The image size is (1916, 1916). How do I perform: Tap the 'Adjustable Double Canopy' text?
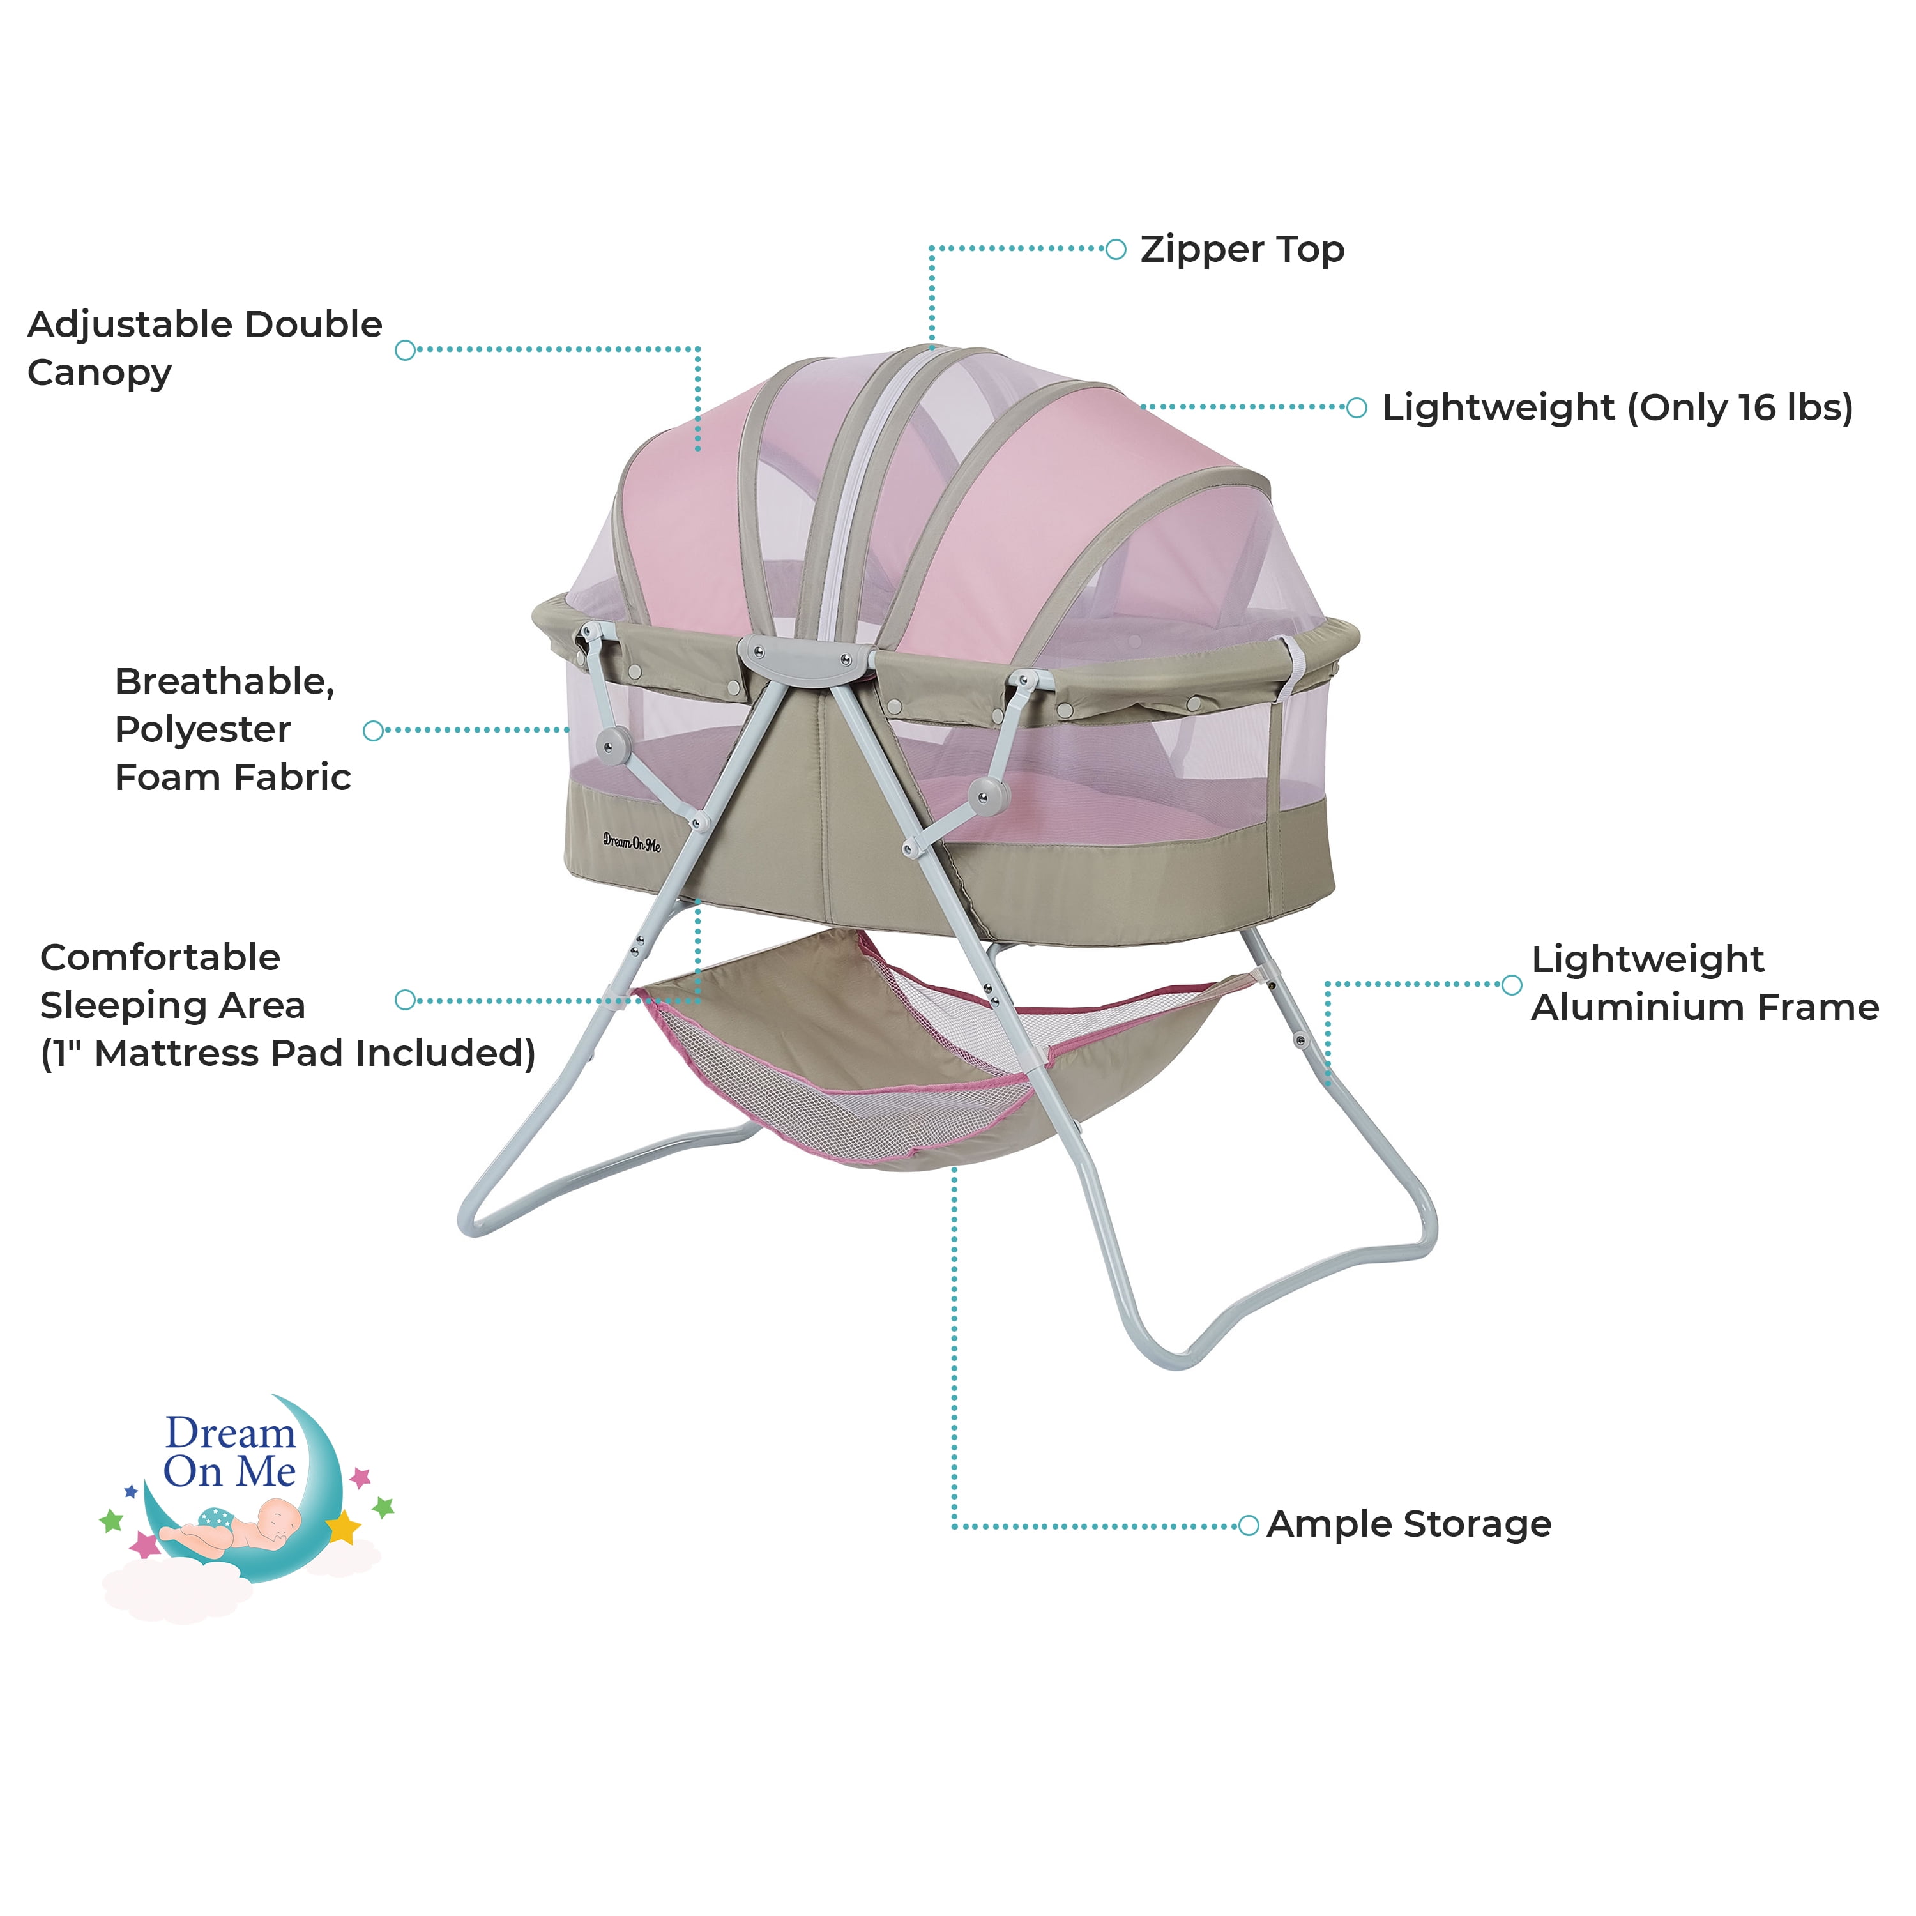click(204, 348)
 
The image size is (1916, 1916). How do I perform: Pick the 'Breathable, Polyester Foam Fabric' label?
click(232, 729)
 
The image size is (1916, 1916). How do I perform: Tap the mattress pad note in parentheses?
click(287, 1053)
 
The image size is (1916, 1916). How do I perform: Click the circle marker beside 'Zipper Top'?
click(1116, 249)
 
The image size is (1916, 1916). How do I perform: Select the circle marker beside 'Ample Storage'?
click(1249, 1525)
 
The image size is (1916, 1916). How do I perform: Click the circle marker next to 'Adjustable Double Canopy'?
click(405, 350)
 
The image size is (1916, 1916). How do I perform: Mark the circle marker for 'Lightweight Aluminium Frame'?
click(1511, 985)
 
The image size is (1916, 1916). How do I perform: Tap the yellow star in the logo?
click(343, 1526)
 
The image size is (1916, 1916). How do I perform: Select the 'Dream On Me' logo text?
click(230, 1452)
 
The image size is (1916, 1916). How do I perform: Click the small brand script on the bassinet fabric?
click(632, 842)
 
